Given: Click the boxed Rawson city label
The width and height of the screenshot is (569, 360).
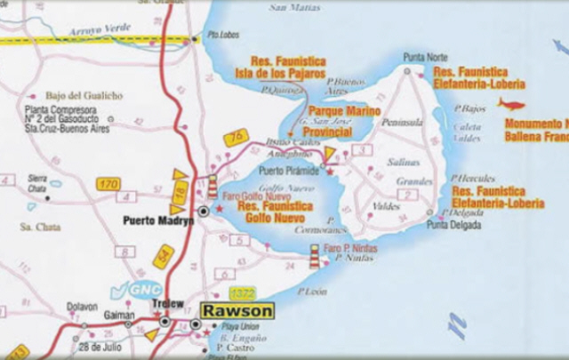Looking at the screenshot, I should [x=237, y=311].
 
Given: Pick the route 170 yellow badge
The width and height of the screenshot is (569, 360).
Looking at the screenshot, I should [x=108, y=184].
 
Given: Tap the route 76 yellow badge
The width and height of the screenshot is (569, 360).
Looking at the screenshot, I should [x=236, y=137].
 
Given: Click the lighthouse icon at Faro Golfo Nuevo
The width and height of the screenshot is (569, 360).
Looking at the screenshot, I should [x=212, y=186].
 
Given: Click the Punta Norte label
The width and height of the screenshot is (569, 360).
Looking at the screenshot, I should [x=425, y=57].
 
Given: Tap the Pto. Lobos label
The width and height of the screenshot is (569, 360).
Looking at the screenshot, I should [x=218, y=36].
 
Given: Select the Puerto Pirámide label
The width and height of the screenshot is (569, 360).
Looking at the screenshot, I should [x=284, y=170].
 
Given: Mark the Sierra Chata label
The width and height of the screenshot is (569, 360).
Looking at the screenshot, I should [x=36, y=181].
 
